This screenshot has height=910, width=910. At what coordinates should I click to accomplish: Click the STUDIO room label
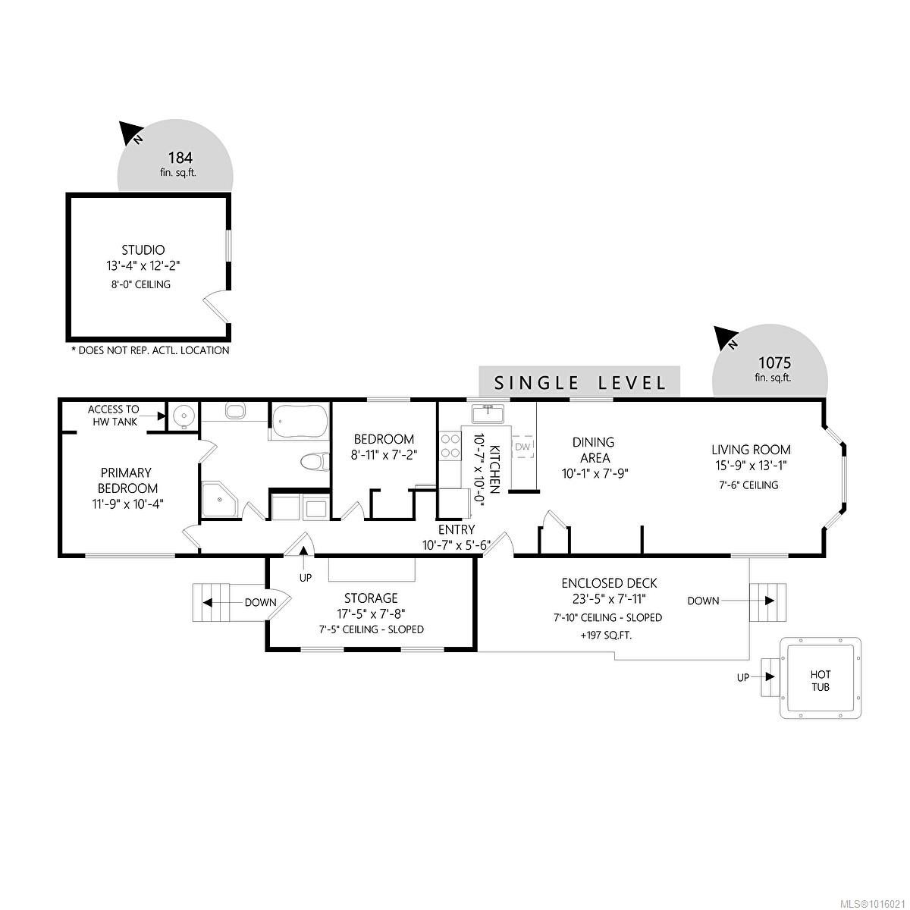143,249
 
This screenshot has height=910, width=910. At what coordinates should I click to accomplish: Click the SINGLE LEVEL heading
580,382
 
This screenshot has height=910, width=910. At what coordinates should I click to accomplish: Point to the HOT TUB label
821,680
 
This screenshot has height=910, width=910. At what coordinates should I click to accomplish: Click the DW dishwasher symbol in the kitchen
522,447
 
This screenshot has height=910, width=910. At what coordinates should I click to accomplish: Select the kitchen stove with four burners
450,446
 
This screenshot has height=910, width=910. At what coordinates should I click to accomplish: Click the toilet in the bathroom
313,461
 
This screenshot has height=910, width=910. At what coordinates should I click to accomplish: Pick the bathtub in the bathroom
300,419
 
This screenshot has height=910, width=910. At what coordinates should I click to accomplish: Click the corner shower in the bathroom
219,500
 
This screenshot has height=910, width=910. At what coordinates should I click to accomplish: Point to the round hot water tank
182,416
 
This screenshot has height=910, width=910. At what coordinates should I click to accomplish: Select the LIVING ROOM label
750,450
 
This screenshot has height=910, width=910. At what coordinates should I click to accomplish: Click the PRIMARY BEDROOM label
127,480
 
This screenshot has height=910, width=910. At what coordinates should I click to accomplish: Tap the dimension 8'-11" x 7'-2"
384,454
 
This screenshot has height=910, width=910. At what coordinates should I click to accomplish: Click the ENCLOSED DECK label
609,583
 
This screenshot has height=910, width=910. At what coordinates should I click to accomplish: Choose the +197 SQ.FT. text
607,635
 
